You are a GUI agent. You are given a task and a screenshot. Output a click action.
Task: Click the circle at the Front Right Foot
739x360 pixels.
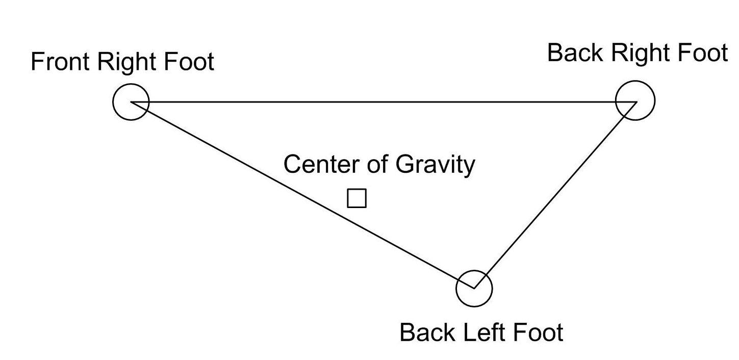click(131, 102)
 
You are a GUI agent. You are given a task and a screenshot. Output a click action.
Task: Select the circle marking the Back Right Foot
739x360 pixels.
click(635, 100)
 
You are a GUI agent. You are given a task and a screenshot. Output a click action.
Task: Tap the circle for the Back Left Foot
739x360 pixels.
click(474, 289)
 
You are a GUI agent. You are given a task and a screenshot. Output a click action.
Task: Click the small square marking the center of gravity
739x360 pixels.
click(356, 198)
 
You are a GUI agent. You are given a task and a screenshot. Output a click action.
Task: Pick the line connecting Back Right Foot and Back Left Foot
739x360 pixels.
click(556, 194)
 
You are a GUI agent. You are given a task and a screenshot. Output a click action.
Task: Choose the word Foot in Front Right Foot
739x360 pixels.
click(189, 62)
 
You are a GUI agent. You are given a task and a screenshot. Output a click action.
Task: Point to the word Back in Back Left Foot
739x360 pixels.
click(428, 332)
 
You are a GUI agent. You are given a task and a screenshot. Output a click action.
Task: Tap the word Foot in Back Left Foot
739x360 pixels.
click(538, 332)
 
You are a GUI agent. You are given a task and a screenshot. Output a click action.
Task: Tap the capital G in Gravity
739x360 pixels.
click(404, 165)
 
